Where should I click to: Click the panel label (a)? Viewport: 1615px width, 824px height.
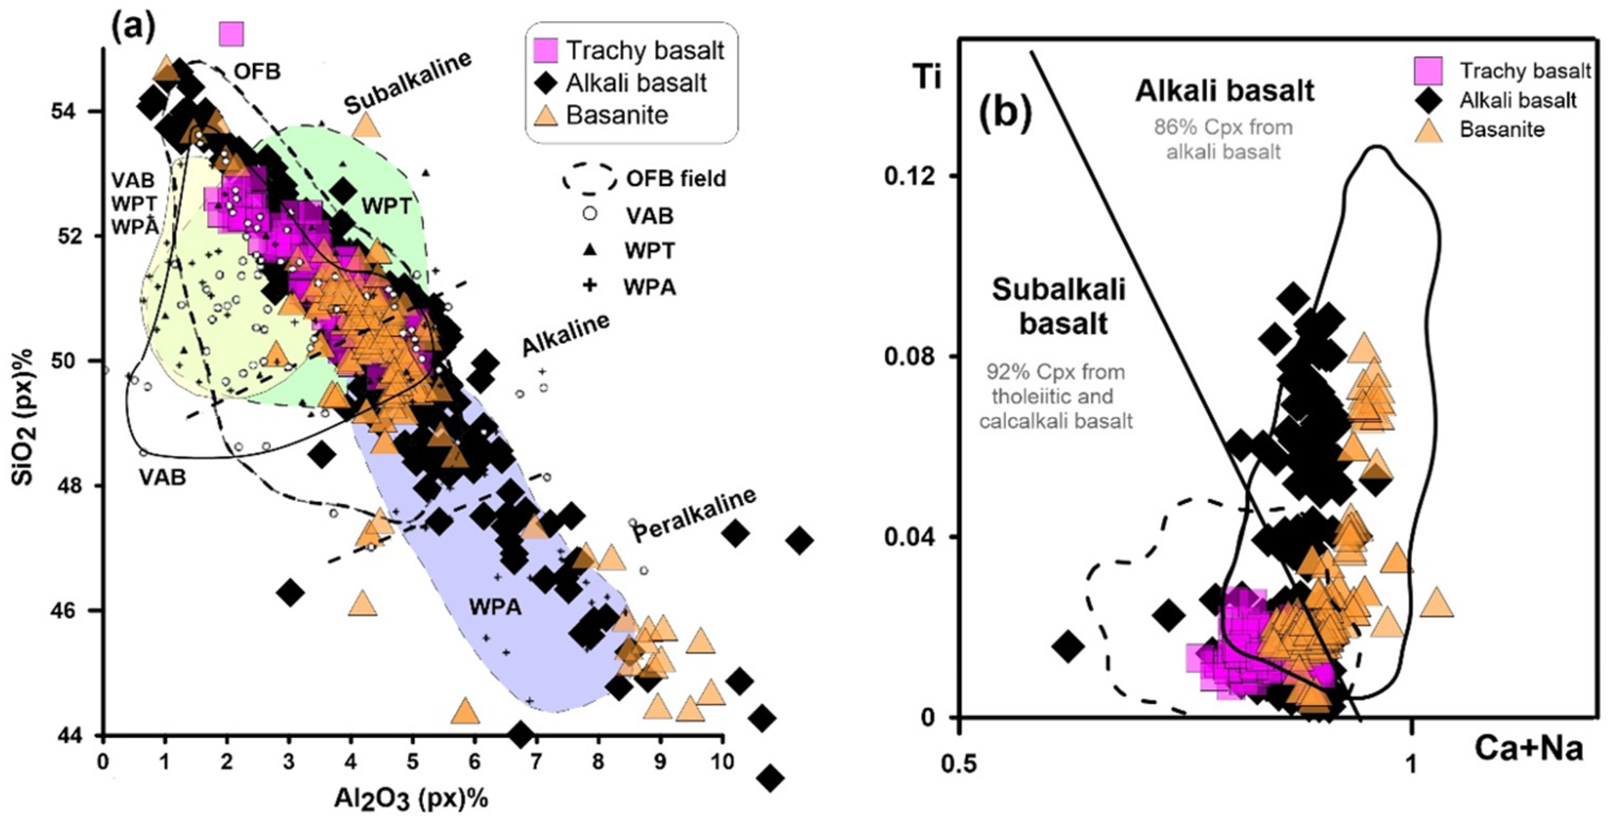coord(133,27)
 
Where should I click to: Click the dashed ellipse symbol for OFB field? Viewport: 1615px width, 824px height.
coord(589,178)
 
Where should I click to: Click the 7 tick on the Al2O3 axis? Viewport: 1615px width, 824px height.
coord(535,762)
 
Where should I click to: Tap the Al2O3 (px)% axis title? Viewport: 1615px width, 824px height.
coord(411,799)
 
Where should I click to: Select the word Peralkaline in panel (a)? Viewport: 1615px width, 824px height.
coord(694,514)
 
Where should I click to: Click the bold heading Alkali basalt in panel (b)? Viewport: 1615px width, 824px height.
coord(1224,91)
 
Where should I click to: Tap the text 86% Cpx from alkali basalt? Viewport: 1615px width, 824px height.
coord(1223,139)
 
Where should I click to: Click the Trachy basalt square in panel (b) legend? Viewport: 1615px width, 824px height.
coord(1428,70)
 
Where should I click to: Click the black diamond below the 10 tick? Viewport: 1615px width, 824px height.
coord(771,778)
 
